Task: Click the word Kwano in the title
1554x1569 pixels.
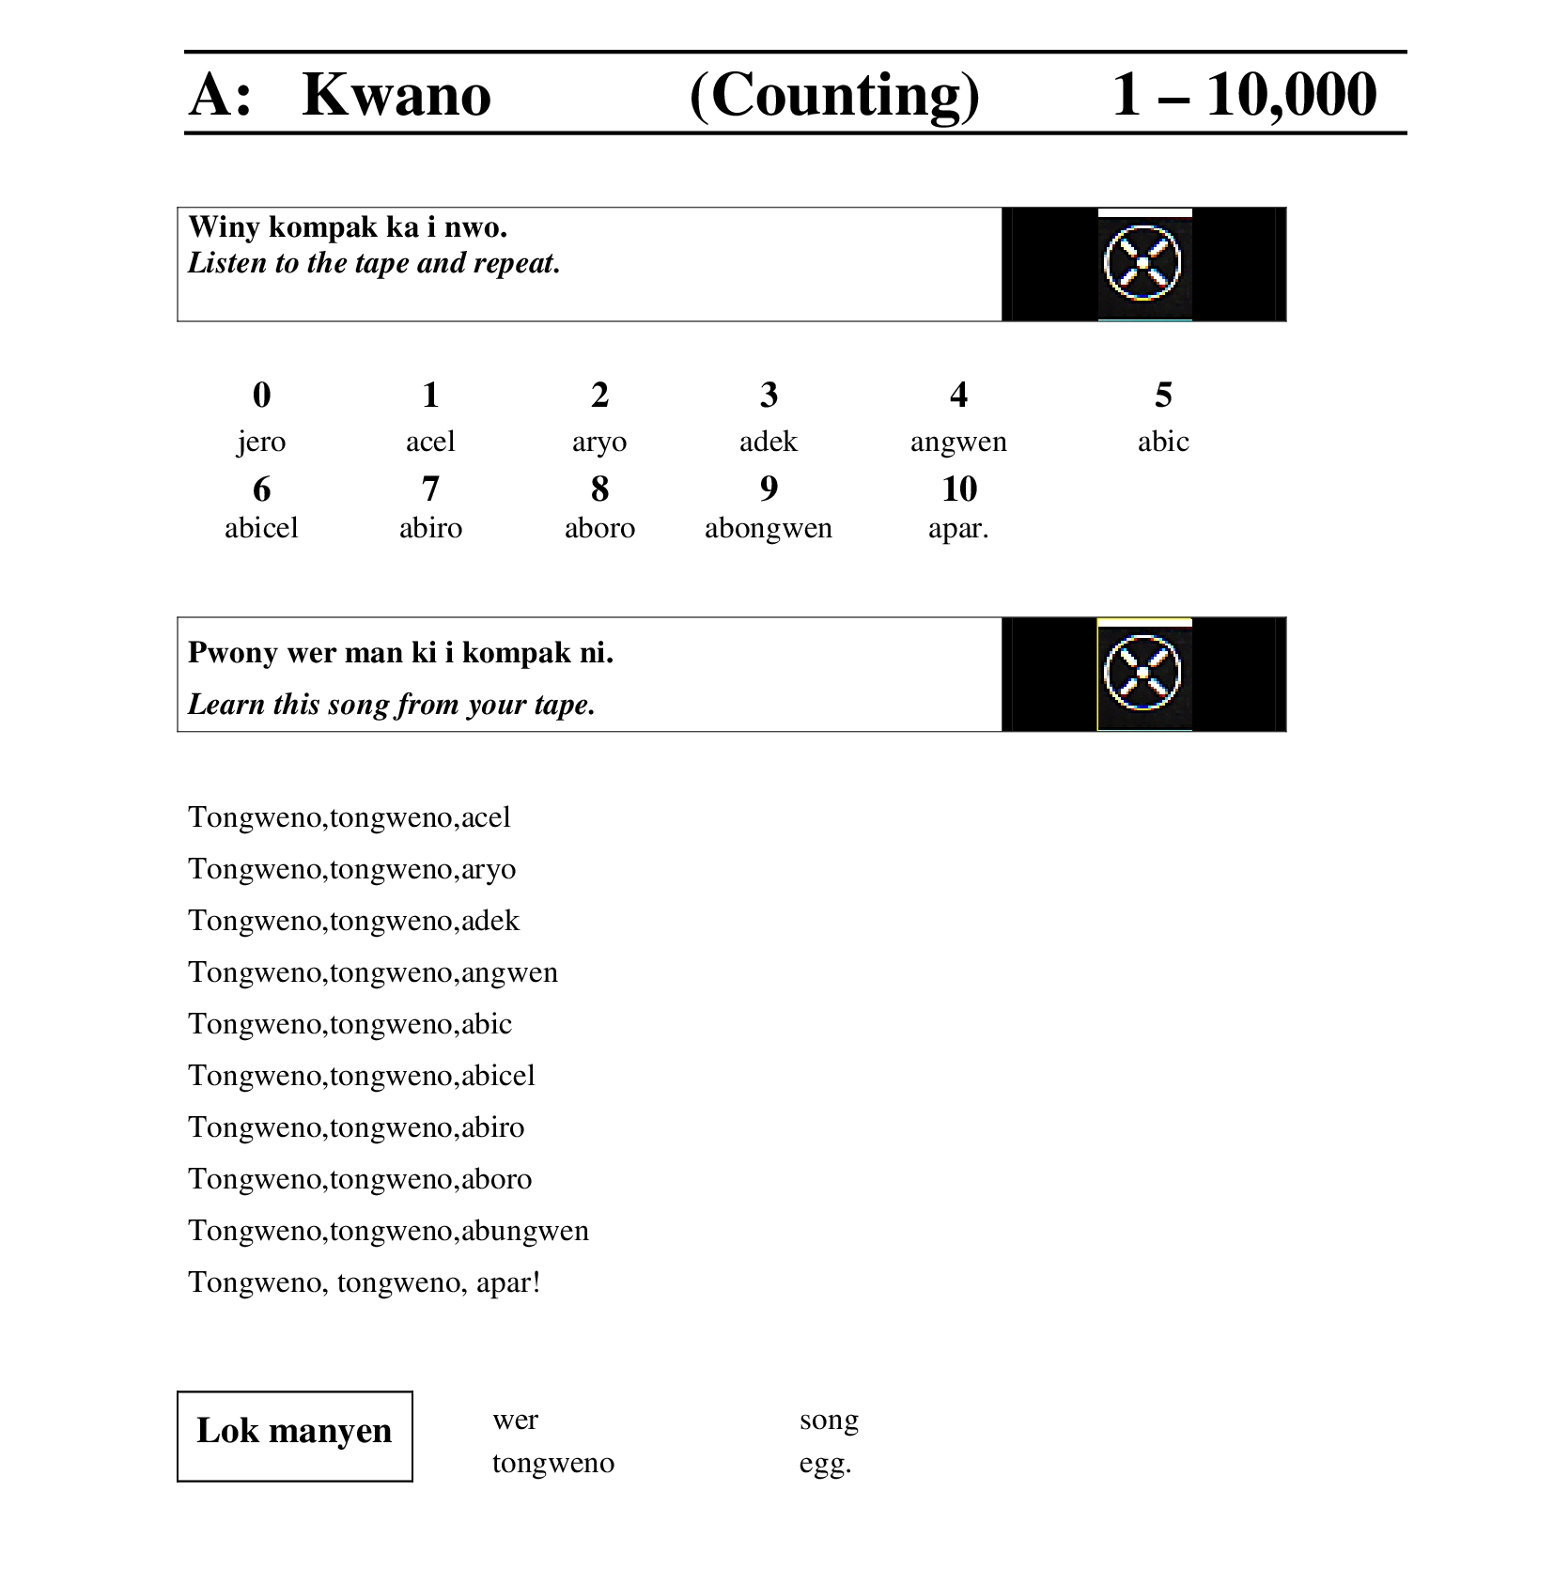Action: click(x=396, y=95)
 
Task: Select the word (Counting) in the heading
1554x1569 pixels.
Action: click(x=834, y=95)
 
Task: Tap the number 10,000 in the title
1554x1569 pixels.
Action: click(x=1291, y=95)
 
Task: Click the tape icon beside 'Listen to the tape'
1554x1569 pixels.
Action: click(x=1142, y=263)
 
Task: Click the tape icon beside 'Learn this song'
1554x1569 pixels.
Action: click(x=1142, y=674)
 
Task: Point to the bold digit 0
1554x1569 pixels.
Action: click(x=261, y=395)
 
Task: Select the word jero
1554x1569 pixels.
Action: click(x=261, y=442)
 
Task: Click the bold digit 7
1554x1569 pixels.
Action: click(x=430, y=489)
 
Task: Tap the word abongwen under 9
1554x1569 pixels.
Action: click(x=769, y=528)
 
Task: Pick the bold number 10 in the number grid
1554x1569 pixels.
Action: click(x=958, y=489)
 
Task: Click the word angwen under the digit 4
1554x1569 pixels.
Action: click(x=958, y=442)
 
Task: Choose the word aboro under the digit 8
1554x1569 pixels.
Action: click(x=599, y=528)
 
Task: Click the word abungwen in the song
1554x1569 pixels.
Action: click(x=525, y=1231)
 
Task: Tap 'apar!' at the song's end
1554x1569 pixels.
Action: click(x=508, y=1282)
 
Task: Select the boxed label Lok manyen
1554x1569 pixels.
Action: click(x=294, y=1431)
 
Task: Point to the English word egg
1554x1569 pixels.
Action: click(x=825, y=1463)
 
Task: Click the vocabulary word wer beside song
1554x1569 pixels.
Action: click(x=515, y=1420)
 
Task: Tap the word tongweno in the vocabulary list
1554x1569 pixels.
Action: click(x=553, y=1463)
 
